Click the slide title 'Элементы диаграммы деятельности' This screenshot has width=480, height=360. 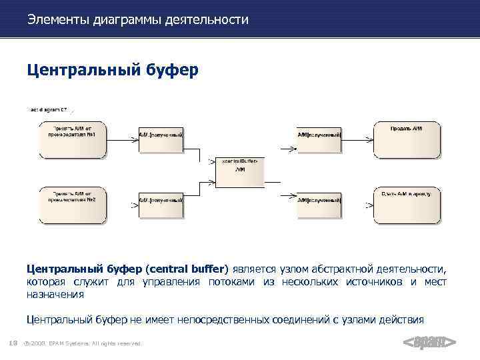pyautogui.click(x=138, y=20)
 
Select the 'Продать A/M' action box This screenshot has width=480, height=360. pyautogui.click(x=406, y=139)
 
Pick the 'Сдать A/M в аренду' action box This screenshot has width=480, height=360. pyautogui.click(x=406, y=205)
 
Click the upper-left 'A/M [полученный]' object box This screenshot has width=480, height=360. pyautogui.click(x=161, y=139)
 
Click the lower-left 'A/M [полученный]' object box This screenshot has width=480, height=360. pyautogui.click(x=161, y=205)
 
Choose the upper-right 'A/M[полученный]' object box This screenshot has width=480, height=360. pyautogui.click(x=319, y=139)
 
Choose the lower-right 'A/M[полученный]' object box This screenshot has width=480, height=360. pyautogui.click(x=319, y=205)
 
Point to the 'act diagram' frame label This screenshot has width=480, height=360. pyautogui.click(x=48, y=109)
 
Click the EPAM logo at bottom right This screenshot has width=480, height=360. pyautogui.click(x=430, y=343)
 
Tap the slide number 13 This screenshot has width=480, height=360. pyautogui.click(x=13, y=343)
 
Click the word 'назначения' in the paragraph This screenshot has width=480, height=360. pyautogui.click(x=55, y=294)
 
